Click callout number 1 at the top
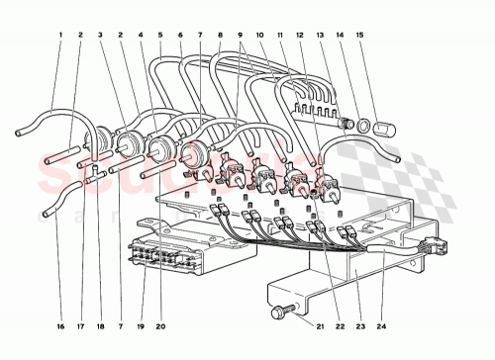pos(60,36)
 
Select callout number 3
pos(100,36)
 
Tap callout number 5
pos(162,36)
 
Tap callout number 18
pos(101,325)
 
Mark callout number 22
pos(339,325)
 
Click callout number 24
pos(379,325)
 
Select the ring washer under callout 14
pos(365,127)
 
